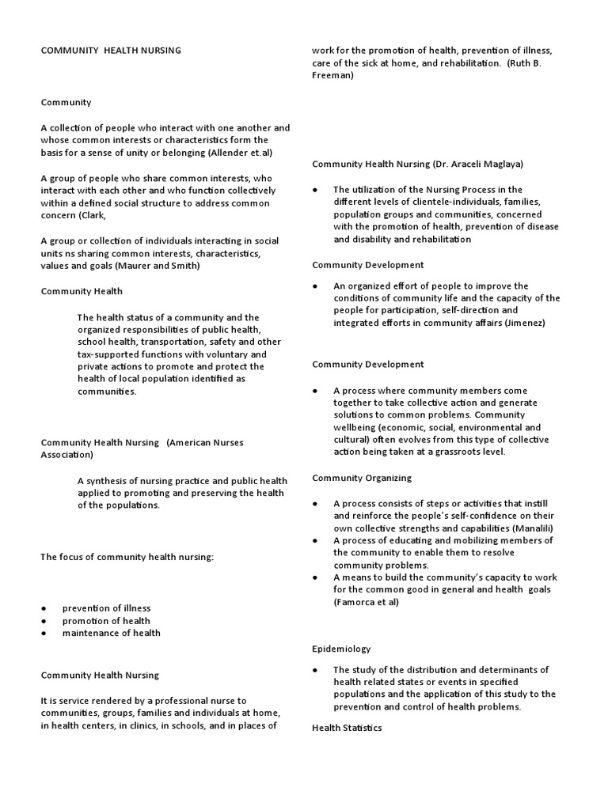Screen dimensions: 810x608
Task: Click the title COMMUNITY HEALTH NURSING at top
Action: (x=111, y=51)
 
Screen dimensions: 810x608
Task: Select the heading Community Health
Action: (x=82, y=291)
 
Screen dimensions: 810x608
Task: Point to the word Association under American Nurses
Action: (x=66, y=455)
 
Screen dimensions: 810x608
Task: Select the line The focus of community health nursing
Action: (x=127, y=557)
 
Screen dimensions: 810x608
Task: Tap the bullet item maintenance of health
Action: (x=111, y=633)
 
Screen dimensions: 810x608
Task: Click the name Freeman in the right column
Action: (x=332, y=76)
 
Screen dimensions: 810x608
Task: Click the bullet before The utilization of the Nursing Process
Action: (x=315, y=190)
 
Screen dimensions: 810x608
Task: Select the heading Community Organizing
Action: (x=362, y=478)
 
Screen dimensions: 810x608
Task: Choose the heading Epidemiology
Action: (x=341, y=649)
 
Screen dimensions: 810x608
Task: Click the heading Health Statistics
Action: (x=347, y=728)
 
